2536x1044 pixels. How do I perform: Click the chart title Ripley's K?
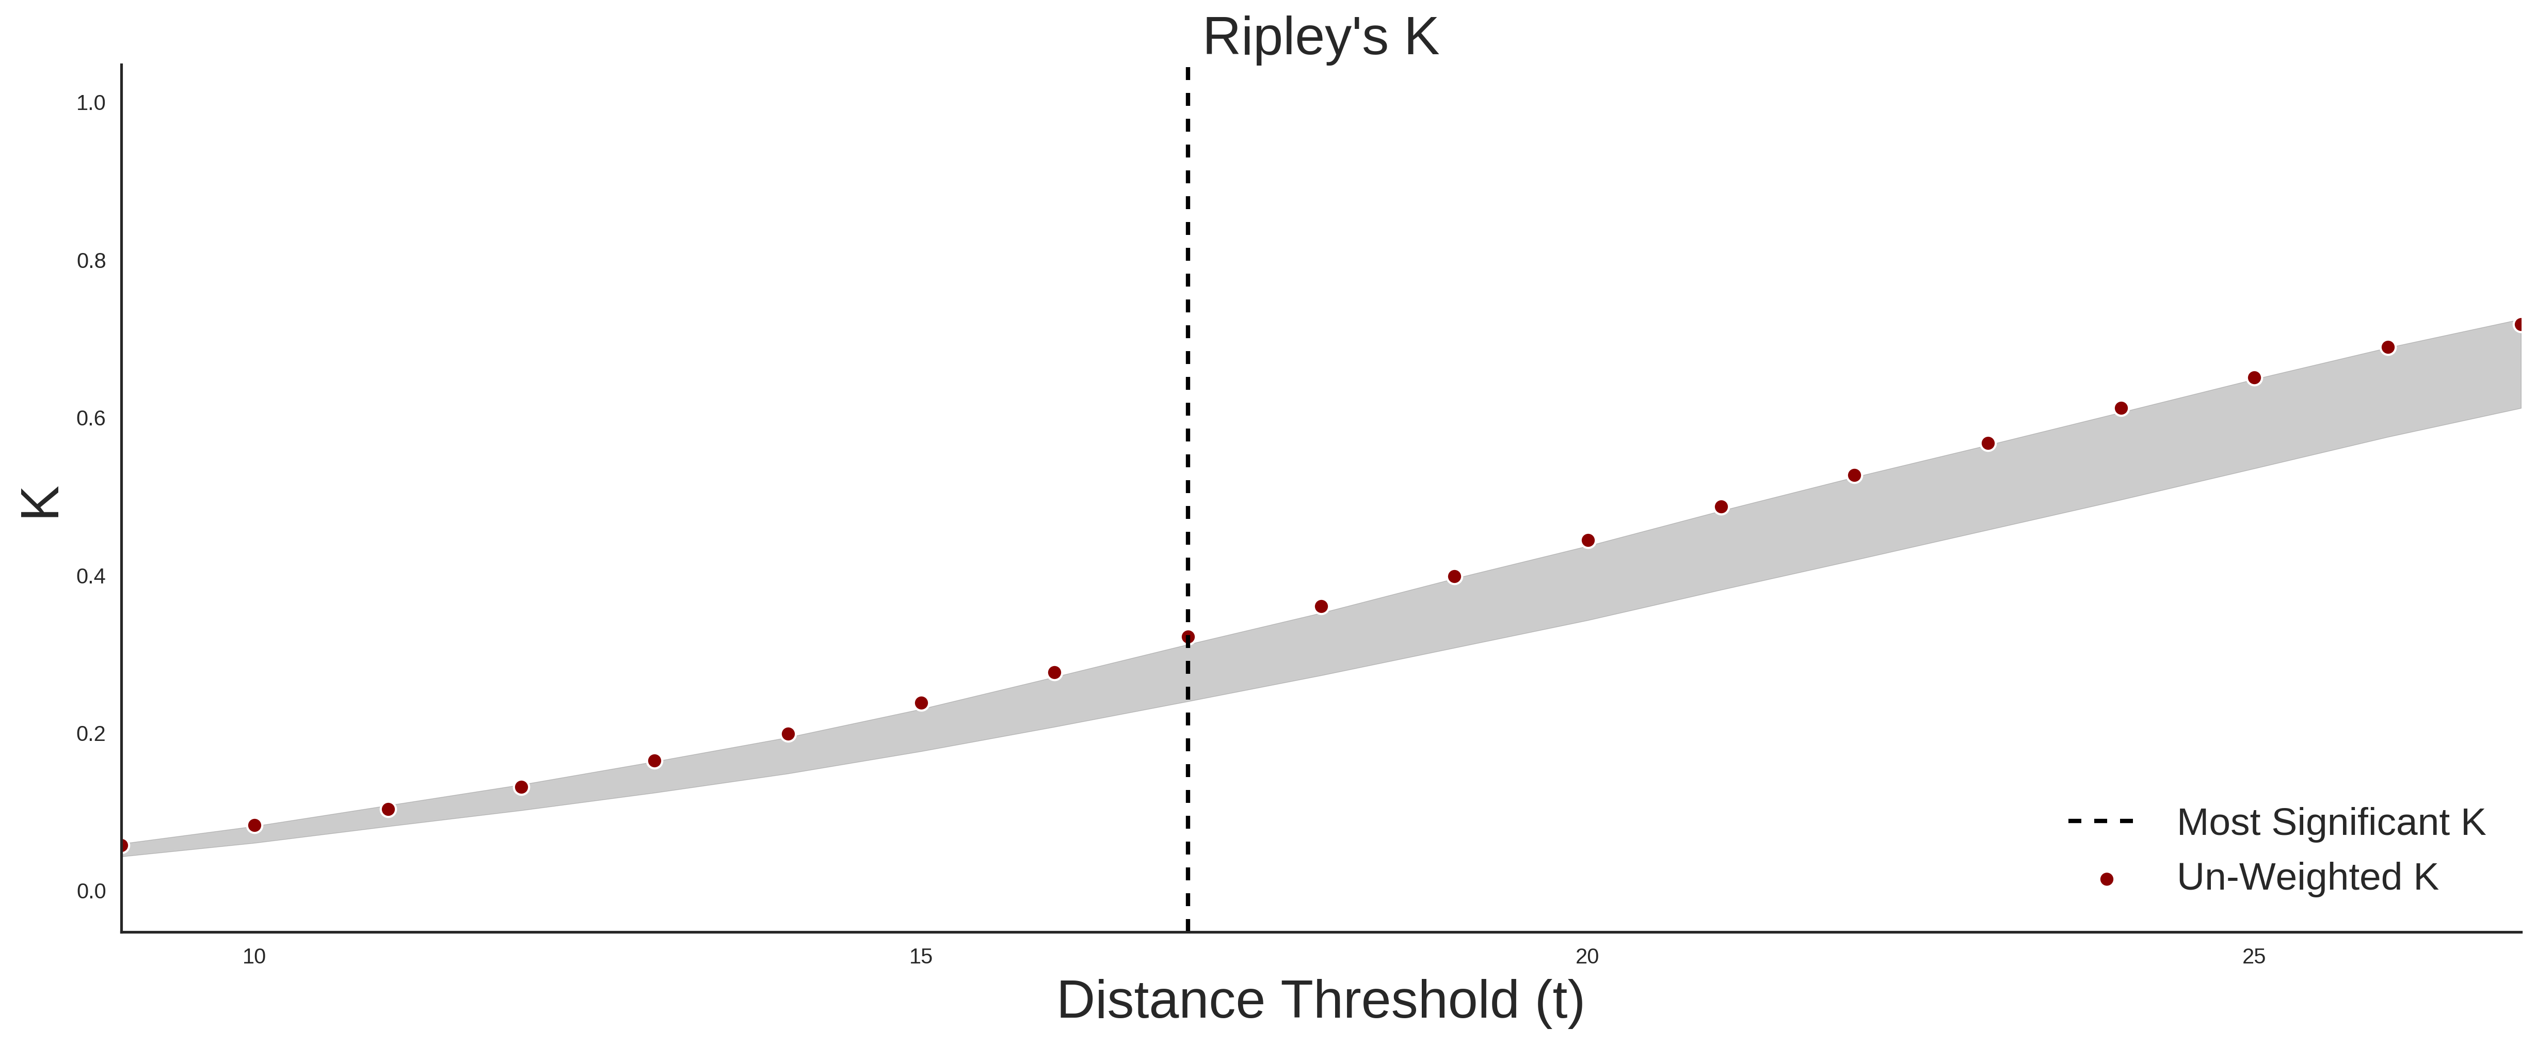pos(1320,37)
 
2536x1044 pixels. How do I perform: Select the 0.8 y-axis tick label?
pos(91,261)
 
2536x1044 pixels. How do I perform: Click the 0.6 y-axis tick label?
pos(91,419)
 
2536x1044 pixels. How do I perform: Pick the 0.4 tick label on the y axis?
pos(91,576)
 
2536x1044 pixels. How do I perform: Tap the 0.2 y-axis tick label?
pos(91,734)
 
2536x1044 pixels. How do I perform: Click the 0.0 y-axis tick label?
pos(91,891)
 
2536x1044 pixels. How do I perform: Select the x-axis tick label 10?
pos(254,956)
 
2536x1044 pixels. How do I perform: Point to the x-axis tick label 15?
pos(921,956)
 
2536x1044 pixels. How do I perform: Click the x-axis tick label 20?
pos(1587,956)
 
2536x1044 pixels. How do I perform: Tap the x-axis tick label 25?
pos(2254,956)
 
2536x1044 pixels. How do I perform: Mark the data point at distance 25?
pos(2254,378)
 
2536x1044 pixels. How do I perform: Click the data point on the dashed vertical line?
pos(1188,637)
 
